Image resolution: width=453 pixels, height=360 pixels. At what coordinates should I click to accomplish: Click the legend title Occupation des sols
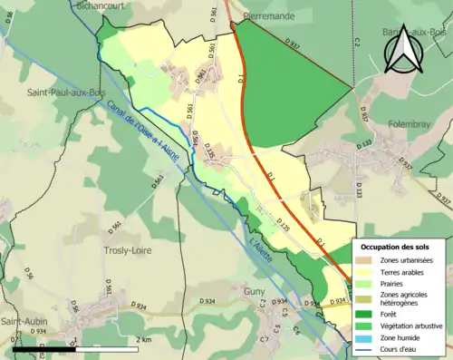(x=396, y=247)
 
